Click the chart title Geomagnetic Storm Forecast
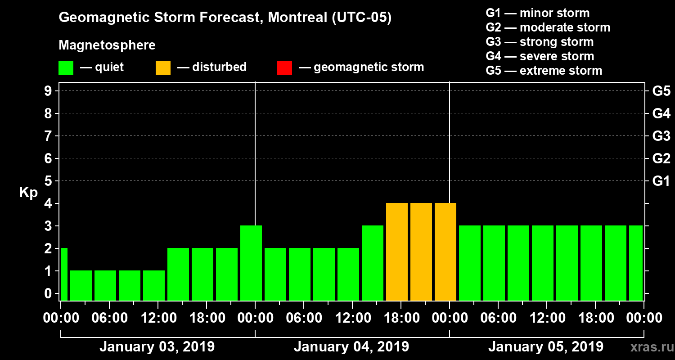(x=225, y=18)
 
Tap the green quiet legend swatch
(x=66, y=68)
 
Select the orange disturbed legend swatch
(x=163, y=68)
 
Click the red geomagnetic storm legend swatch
(x=284, y=68)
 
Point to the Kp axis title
(x=28, y=193)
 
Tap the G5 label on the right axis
(x=661, y=91)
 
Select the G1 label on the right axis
(x=661, y=181)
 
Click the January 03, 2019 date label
(x=157, y=347)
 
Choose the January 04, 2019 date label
(x=351, y=347)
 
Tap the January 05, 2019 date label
(x=545, y=347)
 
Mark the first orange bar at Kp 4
(x=397, y=252)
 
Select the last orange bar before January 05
(x=445, y=252)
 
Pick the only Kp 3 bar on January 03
(x=251, y=263)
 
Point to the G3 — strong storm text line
(x=540, y=42)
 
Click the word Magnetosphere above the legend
(x=107, y=45)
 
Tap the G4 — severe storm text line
(x=540, y=56)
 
